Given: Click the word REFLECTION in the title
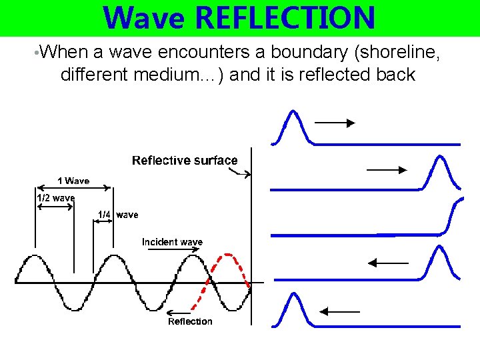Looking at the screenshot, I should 287,18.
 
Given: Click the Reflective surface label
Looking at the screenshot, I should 185,160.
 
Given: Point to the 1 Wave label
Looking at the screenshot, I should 73,181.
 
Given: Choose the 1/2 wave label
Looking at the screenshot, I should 55,198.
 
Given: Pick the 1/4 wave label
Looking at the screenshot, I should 118,215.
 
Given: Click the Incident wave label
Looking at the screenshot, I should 172,242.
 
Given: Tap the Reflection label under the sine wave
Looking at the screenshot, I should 190,321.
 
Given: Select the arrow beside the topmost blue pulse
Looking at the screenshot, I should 335,123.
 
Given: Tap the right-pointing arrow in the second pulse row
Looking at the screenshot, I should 387,170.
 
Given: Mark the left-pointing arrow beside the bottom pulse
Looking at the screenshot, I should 339,311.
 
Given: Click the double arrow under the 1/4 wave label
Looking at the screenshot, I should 103,224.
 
